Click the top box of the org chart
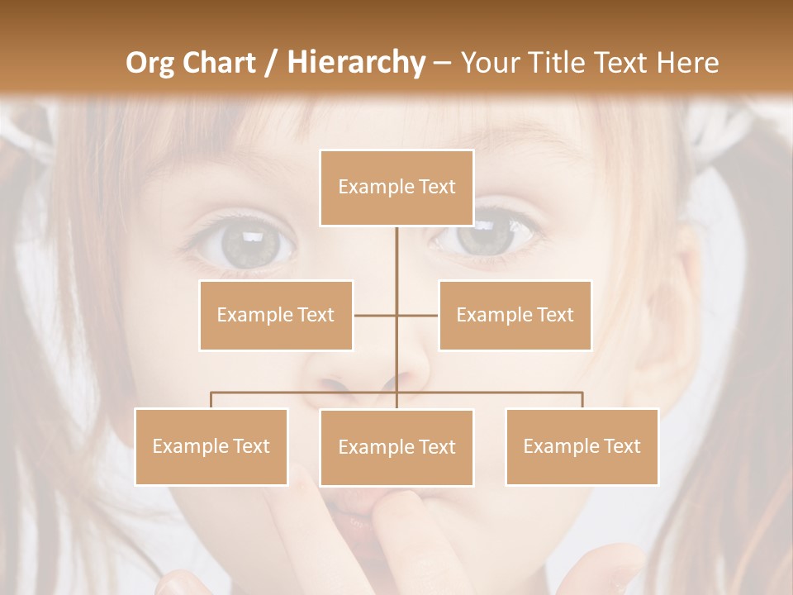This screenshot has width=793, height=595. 396,188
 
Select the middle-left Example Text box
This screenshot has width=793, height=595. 276,315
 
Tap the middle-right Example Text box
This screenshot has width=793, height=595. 515,315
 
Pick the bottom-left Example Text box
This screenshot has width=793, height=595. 211,446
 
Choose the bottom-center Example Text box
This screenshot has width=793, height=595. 396,447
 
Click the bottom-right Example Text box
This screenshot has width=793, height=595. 582,446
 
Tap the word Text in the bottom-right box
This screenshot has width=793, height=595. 621,446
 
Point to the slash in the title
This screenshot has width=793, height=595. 270,63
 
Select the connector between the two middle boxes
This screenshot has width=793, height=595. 396,315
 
